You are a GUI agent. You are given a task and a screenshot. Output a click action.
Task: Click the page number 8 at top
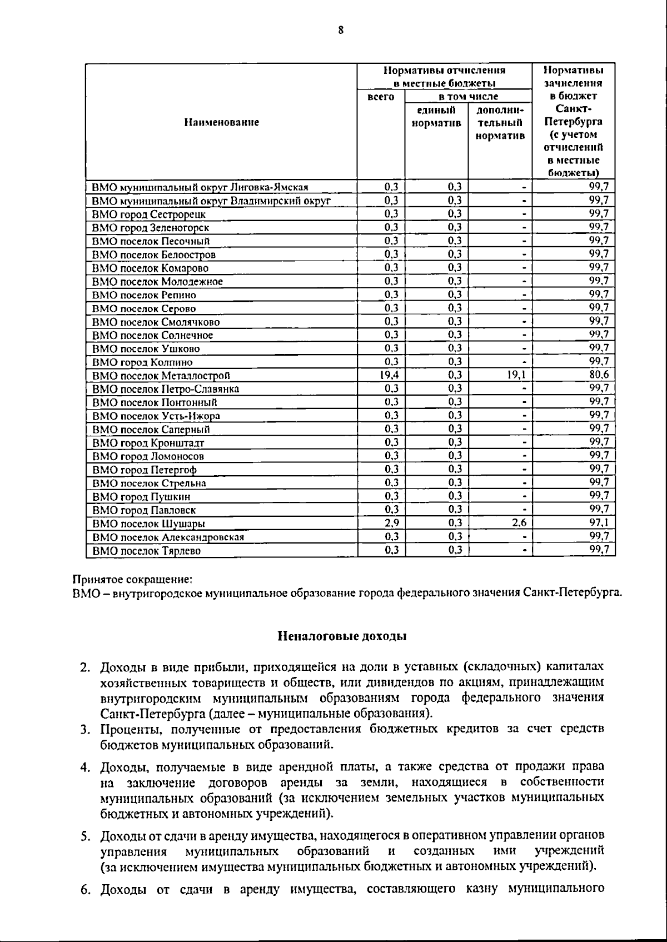tap(341, 31)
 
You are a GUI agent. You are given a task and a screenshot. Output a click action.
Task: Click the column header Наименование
tap(222, 122)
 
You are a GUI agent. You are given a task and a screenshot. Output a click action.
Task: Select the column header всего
tap(381, 97)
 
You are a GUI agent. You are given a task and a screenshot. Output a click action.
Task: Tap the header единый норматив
tap(436, 116)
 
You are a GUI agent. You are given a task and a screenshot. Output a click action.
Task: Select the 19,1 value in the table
tap(516, 375)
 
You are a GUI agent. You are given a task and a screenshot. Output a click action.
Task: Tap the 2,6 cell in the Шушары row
tap(519, 523)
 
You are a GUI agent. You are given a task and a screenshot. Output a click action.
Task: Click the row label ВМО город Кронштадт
tap(148, 443)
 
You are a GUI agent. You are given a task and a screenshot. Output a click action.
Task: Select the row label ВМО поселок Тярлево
tap(146, 551)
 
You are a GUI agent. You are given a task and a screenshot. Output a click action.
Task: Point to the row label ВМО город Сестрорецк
tap(149, 214)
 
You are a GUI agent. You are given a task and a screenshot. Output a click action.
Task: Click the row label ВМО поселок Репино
tap(144, 295)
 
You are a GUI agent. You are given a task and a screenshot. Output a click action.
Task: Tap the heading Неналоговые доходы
tap(342, 636)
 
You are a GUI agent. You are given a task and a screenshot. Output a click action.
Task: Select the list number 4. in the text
tap(85, 767)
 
